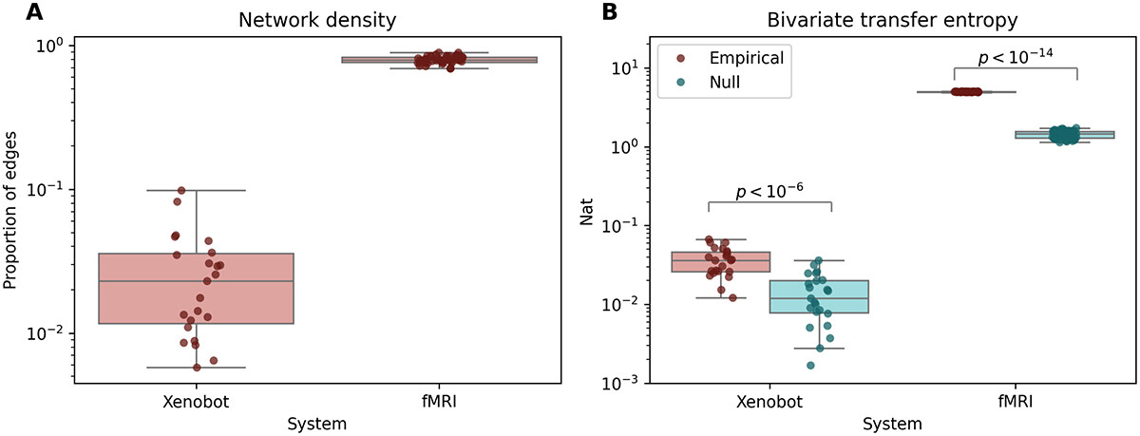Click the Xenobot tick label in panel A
pyautogui.click(x=198, y=403)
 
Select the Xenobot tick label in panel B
pyautogui.click(x=769, y=403)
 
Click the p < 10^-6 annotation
pyautogui.click(x=769, y=190)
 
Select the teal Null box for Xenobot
pyautogui.click(x=830, y=296)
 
